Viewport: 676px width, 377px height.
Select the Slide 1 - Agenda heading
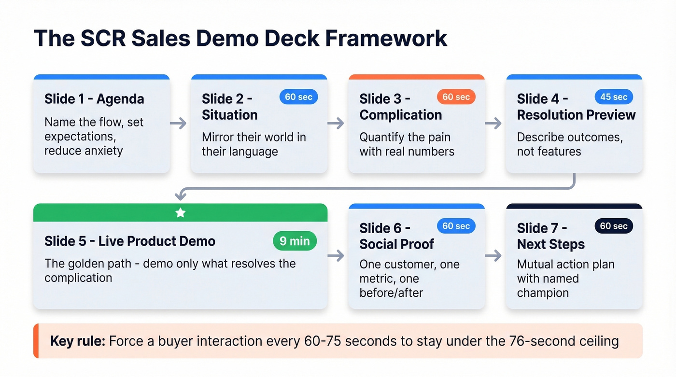pos(94,99)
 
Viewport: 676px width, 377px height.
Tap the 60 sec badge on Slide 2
pos(298,97)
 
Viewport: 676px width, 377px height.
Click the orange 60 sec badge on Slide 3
pos(456,97)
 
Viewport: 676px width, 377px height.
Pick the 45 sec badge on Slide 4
pos(613,97)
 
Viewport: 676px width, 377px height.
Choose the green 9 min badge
pos(295,241)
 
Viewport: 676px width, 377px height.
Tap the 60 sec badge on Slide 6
pos(456,226)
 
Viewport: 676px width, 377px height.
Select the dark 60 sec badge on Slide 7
pos(613,226)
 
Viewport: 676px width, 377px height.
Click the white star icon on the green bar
pos(180,213)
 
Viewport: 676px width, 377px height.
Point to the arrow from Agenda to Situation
pos(179,124)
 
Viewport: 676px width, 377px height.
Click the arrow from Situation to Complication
pos(336,124)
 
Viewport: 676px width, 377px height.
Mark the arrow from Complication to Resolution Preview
pos(493,124)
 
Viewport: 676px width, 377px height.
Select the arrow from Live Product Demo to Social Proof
pos(336,256)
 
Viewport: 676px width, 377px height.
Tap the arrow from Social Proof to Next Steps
pos(493,256)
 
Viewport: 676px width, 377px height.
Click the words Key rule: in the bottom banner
pos(77,341)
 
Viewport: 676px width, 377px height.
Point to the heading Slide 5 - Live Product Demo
pos(130,241)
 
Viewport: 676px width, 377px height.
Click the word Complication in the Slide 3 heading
pos(401,115)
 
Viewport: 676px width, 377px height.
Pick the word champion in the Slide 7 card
pos(543,293)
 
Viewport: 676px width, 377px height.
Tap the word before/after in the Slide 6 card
pos(391,293)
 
